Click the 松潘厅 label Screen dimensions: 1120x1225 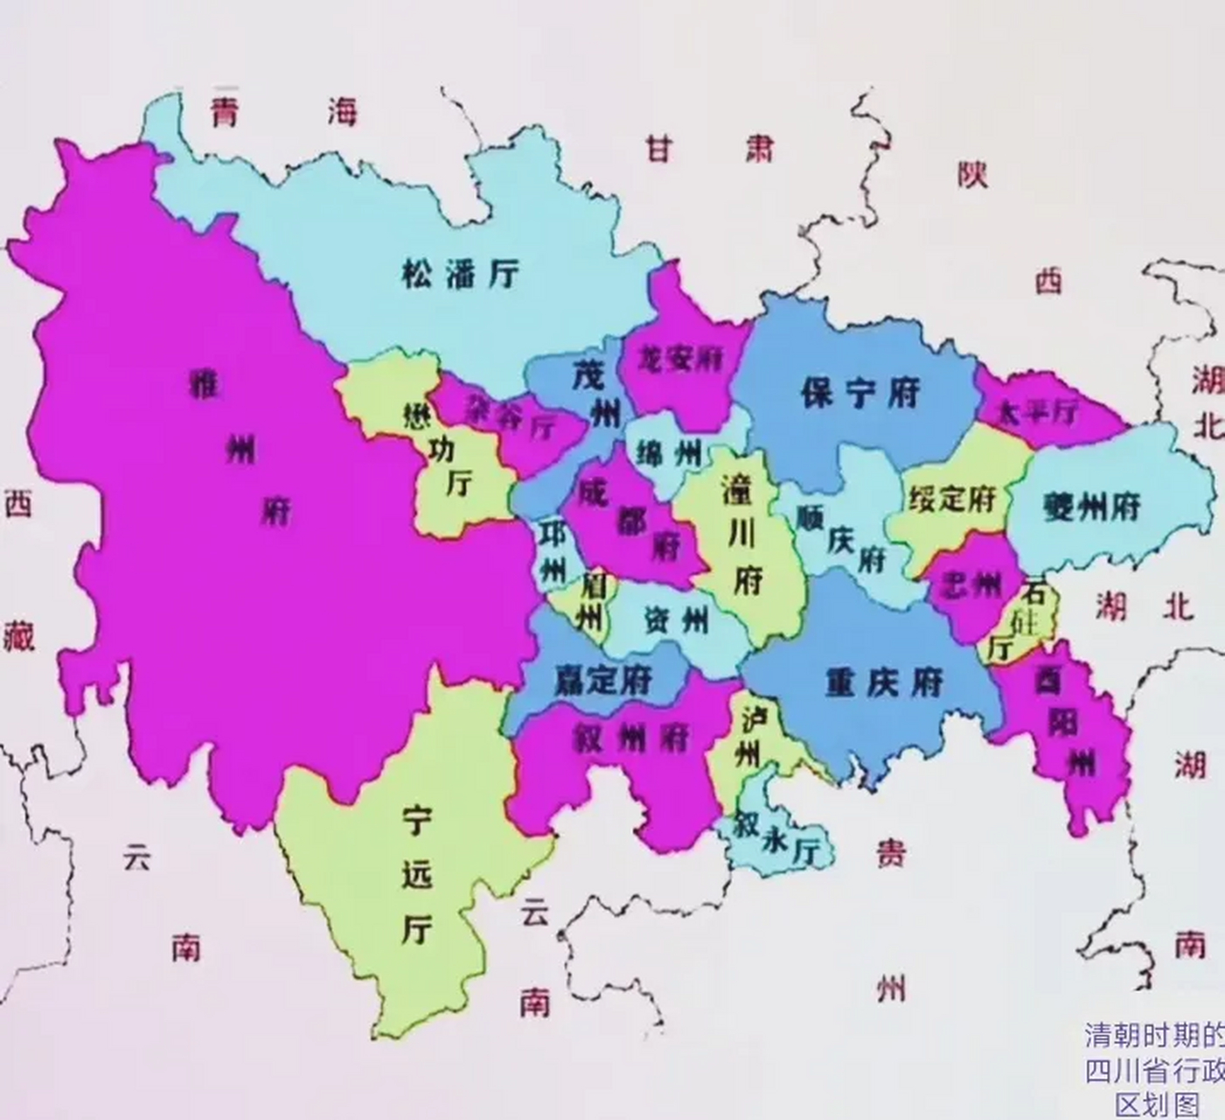click(461, 275)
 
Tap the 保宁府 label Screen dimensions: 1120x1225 click(860, 393)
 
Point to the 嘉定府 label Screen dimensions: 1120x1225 click(603, 679)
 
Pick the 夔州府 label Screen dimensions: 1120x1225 click(1092, 507)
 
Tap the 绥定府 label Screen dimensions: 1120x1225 click(952, 499)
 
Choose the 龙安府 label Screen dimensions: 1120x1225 click(680, 358)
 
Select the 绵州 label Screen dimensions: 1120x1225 click(671, 452)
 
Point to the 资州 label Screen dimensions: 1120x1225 click(676, 621)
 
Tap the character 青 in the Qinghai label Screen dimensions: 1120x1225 click(225, 112)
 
